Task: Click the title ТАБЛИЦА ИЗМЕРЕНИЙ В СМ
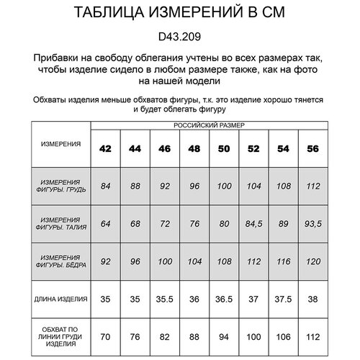tap(179, 16)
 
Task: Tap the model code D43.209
tap(179, 35)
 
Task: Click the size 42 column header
tap(106, 148)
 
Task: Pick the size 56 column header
tap(312, 148)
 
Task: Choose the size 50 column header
tap(224, 148)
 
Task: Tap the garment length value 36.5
tap(224, 298)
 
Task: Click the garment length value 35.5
tap(165, 298)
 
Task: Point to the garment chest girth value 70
tap(106, 335)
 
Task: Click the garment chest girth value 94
tap(224, 335)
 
